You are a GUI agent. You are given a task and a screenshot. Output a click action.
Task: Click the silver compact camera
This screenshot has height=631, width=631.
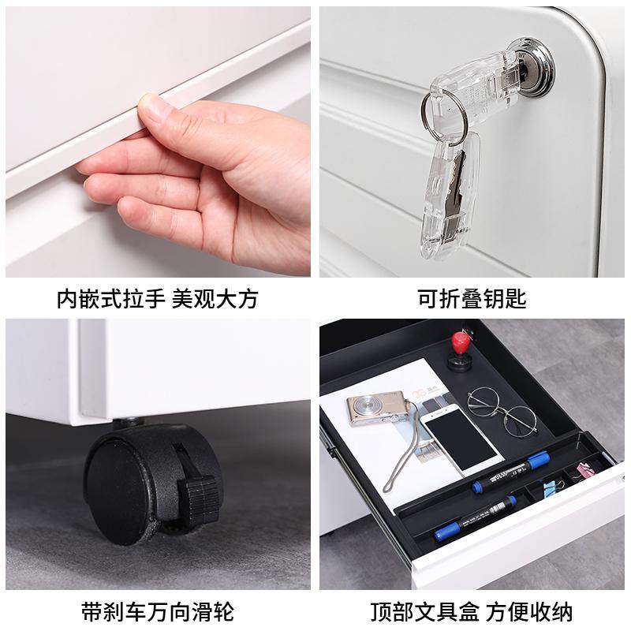375,407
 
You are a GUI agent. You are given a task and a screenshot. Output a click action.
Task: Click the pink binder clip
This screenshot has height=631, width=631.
588,472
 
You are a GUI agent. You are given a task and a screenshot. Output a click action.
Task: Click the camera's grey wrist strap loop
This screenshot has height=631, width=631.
402,457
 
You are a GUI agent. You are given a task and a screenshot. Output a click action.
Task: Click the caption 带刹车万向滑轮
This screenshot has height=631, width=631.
158,611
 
